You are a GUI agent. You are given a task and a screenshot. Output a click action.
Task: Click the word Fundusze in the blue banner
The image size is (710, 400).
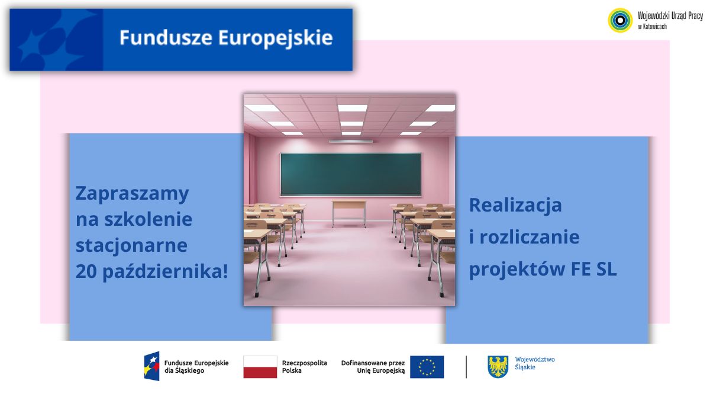click(166, 38)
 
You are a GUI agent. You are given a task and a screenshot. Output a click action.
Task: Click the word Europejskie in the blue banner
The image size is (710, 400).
click(276, 39)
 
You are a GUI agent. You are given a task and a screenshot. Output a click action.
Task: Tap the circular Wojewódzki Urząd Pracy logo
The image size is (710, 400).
click(620, 20)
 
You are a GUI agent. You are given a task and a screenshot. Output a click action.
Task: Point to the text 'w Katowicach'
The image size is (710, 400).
click(652, 27)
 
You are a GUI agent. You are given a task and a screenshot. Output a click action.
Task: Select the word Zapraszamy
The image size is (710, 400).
click(132, 194)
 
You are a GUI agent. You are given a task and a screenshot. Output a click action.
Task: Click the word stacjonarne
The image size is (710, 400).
click(131, 245)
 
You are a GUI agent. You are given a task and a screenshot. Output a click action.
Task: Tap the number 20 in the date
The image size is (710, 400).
click(86, 272)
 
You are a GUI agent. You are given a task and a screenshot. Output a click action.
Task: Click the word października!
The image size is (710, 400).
click(166, 272)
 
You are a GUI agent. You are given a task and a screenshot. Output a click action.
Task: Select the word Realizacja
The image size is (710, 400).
click(515, 206)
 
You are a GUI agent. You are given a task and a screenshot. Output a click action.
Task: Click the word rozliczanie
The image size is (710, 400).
click(530, 237)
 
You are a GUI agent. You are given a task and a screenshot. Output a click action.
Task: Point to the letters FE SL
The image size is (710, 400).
click(593, 269)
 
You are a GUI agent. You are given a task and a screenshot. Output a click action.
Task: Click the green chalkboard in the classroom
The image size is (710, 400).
click(350, 174)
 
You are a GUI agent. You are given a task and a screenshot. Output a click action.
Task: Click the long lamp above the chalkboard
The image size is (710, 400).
click(350, 141)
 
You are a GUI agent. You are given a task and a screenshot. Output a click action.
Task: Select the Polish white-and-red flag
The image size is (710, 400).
click(260, 367)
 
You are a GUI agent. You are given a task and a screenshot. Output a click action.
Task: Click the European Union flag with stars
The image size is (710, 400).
click(427, 367)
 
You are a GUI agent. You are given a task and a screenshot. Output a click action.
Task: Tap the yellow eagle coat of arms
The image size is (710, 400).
click(498, 367)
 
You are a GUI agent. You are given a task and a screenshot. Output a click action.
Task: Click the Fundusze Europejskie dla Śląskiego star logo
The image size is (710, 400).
click(152, 366)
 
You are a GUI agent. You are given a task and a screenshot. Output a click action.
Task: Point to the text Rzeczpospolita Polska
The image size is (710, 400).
click(304, 367)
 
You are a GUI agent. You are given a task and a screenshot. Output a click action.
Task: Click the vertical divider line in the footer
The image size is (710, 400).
click(466, 367)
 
